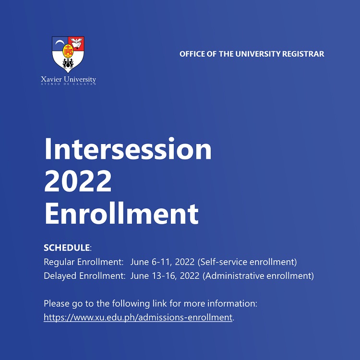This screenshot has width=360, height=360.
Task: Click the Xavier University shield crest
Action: (x=68, y=54)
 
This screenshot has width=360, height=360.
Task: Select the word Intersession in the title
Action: (x=128, y=148)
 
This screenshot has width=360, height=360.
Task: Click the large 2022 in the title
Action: (x=78, y=181)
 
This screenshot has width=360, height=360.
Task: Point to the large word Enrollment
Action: (x=121, y=214)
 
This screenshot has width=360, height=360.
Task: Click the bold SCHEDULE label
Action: (x=67, y=248)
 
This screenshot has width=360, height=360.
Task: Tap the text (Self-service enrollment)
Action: (x=247, y=262)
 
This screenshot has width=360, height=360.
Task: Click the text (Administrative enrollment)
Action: (x=258, y=276)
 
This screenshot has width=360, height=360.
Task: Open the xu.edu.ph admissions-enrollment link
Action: (x=138, y=318)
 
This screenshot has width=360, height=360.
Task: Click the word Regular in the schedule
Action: (x=59, y=262)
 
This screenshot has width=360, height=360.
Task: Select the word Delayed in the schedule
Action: (x=60, y=276)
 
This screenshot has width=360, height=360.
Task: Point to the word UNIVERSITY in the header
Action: (x=258, y=54)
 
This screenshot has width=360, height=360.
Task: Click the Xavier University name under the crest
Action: (x=69, y=79)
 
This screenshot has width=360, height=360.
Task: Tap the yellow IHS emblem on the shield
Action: (x=68, y=51)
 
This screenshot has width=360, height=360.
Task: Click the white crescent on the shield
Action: (x=60, y=42)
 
